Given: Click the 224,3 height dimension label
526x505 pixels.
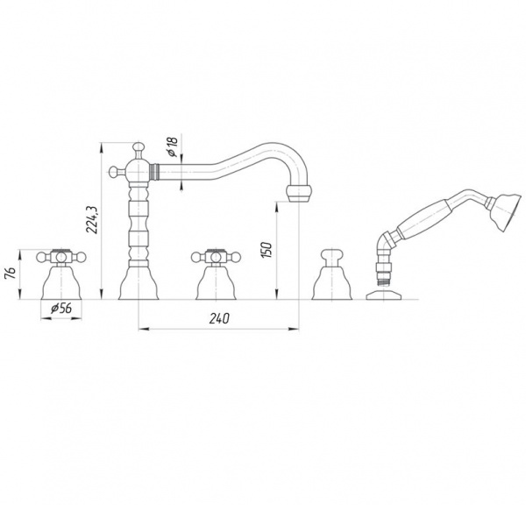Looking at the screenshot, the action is click(x=91, y=220).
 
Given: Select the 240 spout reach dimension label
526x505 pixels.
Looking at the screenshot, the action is click(x=219, y=318).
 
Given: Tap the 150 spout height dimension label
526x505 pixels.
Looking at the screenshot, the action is click(x=267, y=249).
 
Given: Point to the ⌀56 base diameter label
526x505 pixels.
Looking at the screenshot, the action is click(x=61, y=308).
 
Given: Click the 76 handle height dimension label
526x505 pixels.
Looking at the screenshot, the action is click(x=11, y=274).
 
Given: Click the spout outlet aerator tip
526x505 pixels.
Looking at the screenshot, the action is click(x=299, y=195).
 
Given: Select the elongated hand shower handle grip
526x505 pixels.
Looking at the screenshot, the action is click(x=423, y=220).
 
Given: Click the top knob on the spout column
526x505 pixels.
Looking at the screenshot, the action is click(x=139, y=150).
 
